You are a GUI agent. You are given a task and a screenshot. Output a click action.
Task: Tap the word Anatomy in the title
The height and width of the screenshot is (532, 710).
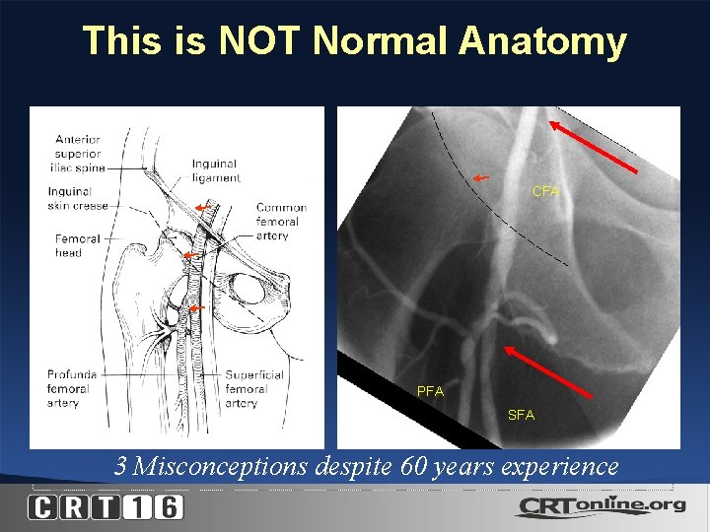point(542,41)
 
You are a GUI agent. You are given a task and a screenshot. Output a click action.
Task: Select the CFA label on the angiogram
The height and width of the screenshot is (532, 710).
point(545,191)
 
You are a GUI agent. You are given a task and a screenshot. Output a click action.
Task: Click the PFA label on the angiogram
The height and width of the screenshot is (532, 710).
point(430,391)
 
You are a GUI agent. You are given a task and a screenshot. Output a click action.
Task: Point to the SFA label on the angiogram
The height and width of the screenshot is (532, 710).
point(521,415)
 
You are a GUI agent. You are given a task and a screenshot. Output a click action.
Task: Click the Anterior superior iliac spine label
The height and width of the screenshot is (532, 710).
point(78,154)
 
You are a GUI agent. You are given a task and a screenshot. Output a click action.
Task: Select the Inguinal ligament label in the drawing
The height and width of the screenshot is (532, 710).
point(216,170)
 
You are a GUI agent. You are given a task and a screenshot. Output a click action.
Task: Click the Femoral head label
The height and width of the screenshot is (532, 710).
point(77,245)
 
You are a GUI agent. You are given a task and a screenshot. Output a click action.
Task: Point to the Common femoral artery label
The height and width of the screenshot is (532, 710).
point(281,222)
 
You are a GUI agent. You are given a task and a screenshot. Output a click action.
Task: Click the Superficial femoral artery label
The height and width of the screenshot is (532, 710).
point(255,388)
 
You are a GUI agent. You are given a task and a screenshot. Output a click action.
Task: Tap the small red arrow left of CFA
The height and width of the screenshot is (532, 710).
point(479,177)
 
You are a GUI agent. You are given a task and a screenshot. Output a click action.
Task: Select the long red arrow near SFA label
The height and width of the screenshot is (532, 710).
point(548,370)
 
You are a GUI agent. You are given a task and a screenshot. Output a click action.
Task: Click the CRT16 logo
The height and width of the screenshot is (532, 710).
point(106,507)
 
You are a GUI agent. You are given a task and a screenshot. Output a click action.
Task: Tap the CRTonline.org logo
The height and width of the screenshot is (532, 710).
point(599,506)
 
